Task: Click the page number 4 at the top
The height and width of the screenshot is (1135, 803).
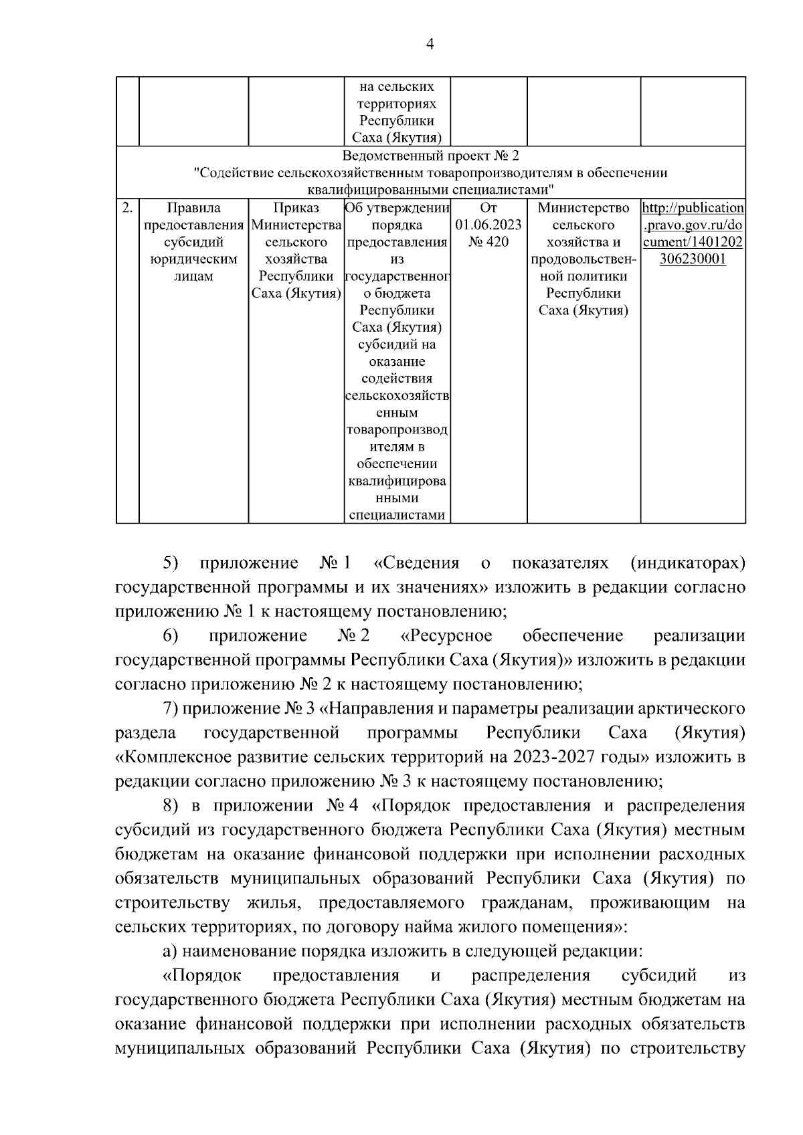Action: [430, 44]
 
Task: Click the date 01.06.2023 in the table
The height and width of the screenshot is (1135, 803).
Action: [488, 225]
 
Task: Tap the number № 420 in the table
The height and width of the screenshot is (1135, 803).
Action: [488, 242]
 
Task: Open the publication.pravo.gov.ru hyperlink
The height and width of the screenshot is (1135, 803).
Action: [693, 233]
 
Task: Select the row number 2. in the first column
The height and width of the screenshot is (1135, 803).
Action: [127, 208]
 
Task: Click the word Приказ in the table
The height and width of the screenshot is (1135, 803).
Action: [296, 208]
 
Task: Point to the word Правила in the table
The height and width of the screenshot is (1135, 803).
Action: [193, 208]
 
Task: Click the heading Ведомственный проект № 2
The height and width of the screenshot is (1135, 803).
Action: [430, 157]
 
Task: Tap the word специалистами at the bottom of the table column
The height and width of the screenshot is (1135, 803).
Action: [397, 515]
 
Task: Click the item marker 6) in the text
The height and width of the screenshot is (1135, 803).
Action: [171, 635]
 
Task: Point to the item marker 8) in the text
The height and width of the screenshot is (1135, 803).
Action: [171, 805]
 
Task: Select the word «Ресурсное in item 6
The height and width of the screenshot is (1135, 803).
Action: [446, 635]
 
